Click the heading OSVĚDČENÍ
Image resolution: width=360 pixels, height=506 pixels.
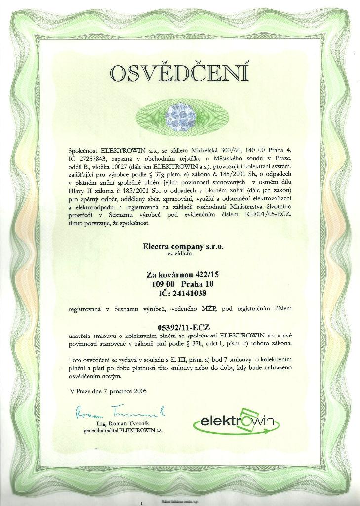click(x=180, y=73)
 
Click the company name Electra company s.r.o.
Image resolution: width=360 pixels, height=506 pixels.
click(x=183, y=245)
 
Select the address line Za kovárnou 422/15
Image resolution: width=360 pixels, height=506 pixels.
click(x=182, y=275)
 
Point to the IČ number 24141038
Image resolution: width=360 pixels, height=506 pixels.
click(x=182, y=293)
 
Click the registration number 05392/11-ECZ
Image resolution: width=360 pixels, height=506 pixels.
click(x=183, y=327)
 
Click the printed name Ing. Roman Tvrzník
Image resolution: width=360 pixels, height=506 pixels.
click(x=122, y=424)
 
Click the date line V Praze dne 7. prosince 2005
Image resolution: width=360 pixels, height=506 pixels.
click(x=108, y=391)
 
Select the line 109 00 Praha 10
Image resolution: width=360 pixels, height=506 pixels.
click(x=183, y=284)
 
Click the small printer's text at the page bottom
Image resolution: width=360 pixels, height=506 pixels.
click(x=180, y=501)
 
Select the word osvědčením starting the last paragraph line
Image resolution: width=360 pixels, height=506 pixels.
click(x=88, y=376)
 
